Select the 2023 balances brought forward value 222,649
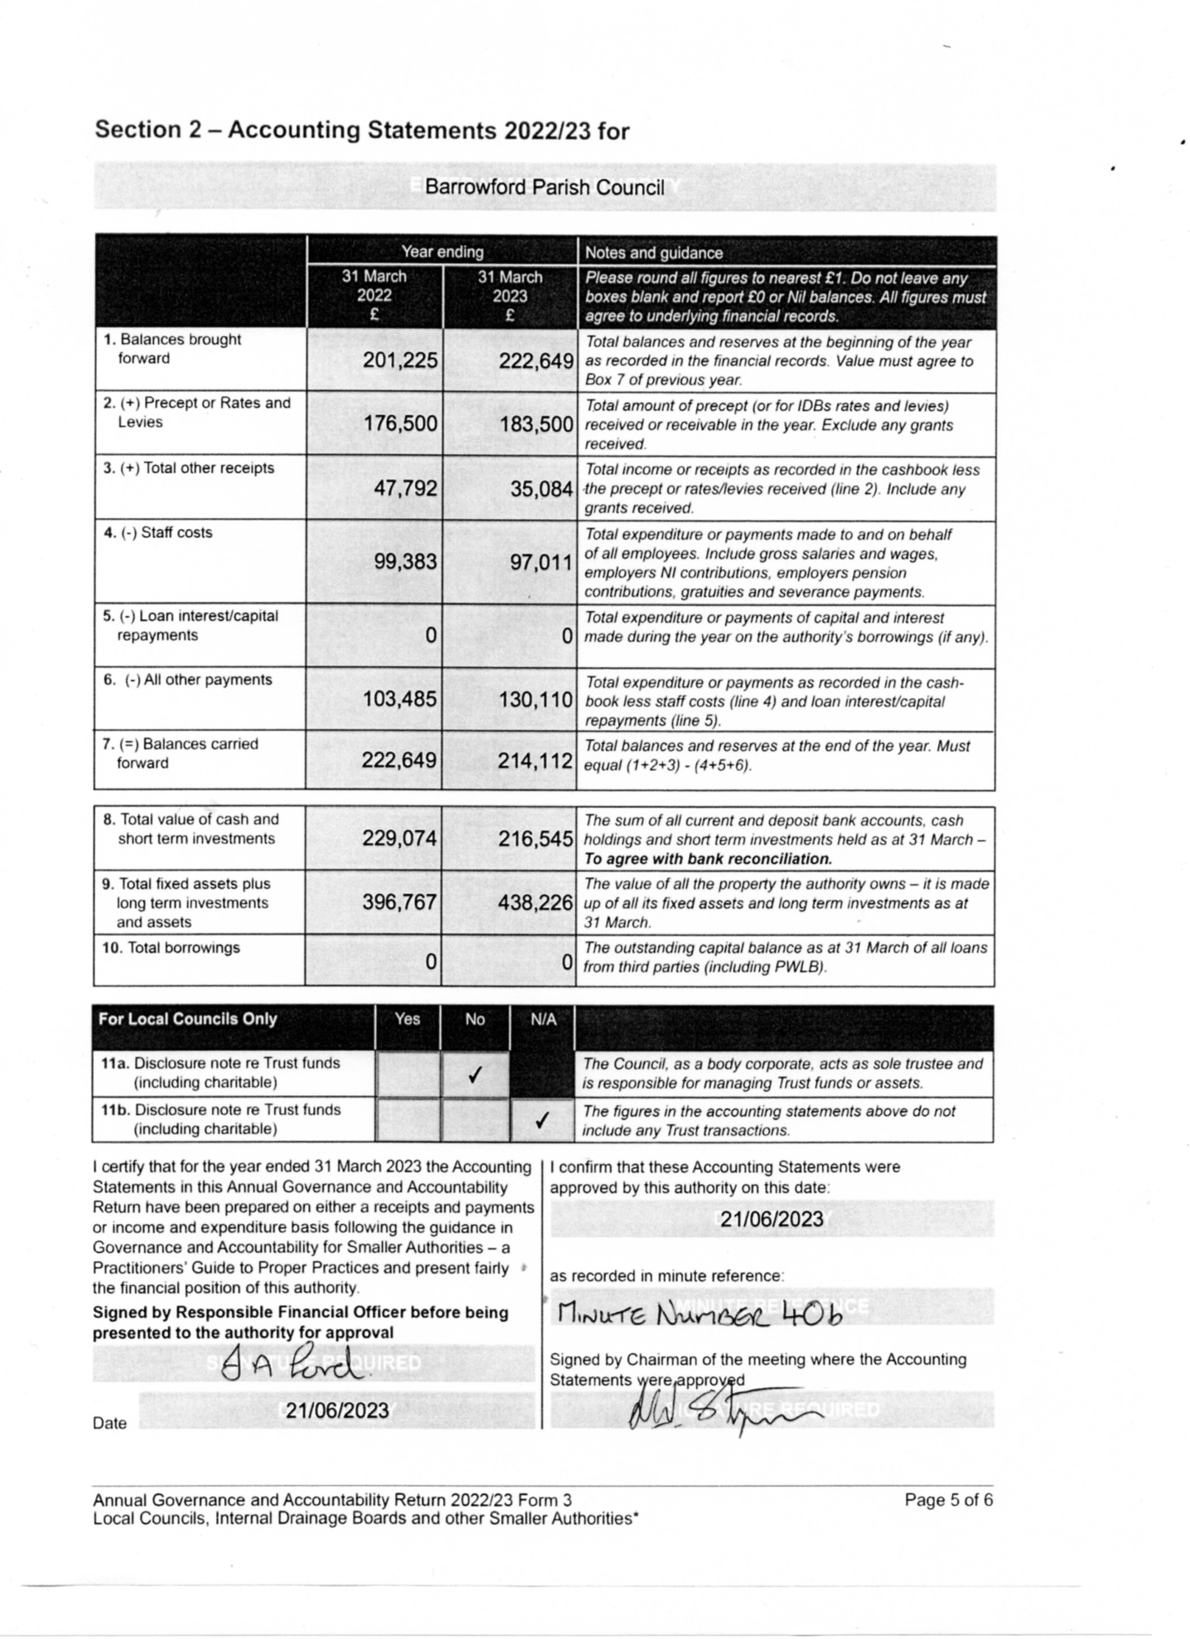[x=536, y=360]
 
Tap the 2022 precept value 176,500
[x=400, y=423]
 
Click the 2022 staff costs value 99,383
[x=405, y=561]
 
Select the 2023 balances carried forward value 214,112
[x=535, y=760]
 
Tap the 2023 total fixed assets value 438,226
[x=535, y=902]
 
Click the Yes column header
[x=408, y=1019]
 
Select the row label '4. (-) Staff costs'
[x=158, y=533]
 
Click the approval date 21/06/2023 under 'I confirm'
[x=772, y=1220]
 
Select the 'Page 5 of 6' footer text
[x=949, y=1500]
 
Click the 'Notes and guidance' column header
[x=653, y=253]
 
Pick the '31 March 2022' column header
[x=374, y=296]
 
